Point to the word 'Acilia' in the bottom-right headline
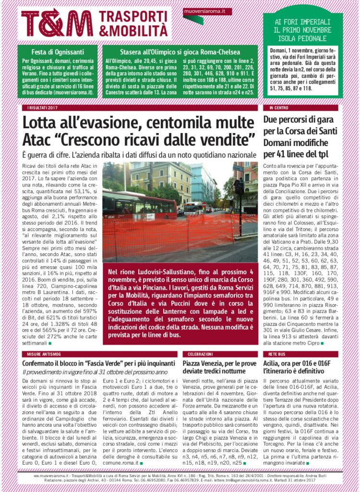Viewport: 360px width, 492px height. [x=273, y=364]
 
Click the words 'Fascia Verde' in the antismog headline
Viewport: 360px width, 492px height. [x=107, y=364]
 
